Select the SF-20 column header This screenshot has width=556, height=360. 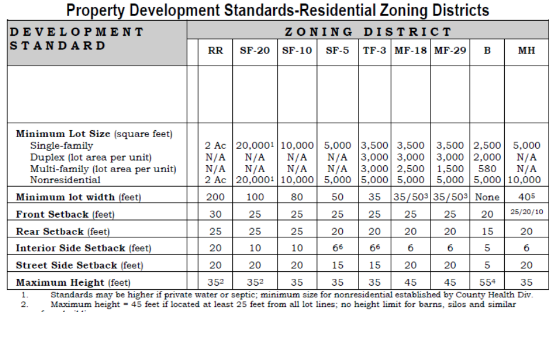click(254, 51)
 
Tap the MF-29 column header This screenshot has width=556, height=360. click(450, 51)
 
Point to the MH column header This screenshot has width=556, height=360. click(526, 51)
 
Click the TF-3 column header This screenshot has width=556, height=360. click(375, 51)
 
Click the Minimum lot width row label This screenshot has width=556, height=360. click(78, 198)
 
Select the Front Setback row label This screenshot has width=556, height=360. click(65, 215)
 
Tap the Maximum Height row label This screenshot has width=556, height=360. click(73, 283)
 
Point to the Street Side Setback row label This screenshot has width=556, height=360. click(79, 266)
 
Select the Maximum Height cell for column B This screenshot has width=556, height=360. click(487, 282)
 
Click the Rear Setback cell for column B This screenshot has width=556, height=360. click(487, 232)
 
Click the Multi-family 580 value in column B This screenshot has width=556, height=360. click(487, 169)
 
